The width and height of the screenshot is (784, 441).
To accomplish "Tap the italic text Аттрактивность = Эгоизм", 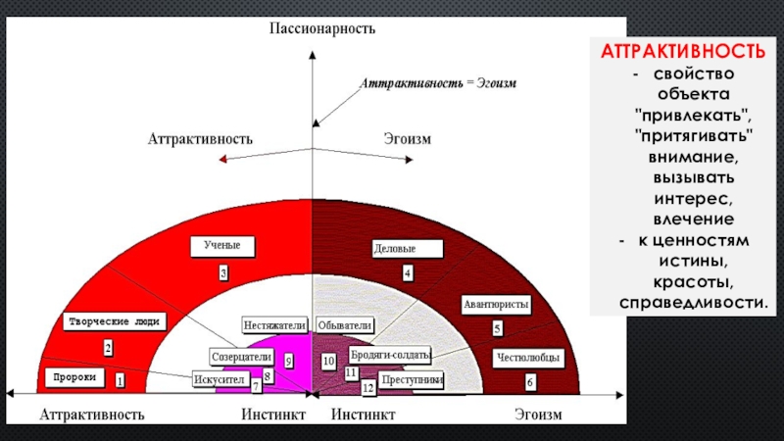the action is click(438, 84).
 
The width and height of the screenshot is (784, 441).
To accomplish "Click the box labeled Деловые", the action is click(395, 249).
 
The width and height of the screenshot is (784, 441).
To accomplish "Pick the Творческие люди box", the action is click(114, 320).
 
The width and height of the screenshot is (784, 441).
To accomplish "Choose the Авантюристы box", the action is click(496, 305).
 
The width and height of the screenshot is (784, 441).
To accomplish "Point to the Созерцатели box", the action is click(241, 357).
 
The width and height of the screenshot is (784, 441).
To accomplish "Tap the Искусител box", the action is click(219, 377).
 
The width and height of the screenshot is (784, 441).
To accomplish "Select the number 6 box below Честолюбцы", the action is click(530, 381).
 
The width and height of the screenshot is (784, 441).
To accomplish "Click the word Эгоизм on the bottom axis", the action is click(539, 415).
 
